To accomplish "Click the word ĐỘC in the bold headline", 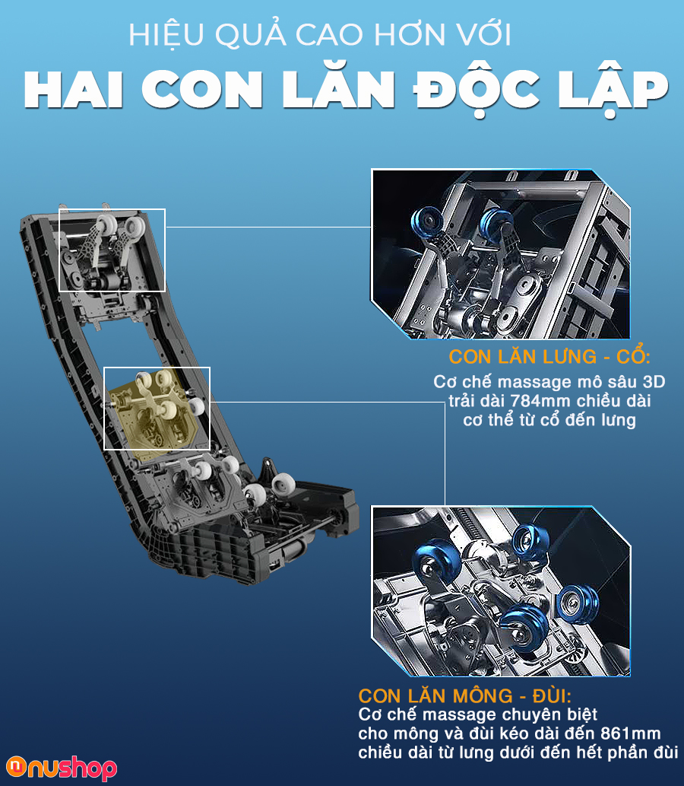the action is coord(477,89).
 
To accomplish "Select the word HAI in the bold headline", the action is coord(73,89).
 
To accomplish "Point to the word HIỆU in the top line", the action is coord(166,36).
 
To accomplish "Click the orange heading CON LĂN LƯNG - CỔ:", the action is coord(549,356).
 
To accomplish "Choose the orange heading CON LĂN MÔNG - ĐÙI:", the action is coord(464,695).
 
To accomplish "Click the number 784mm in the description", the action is coord(541,401).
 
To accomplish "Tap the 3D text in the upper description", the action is coord(654,382).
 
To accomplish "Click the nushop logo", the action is coord(62,768).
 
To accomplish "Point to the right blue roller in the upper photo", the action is coord(495,224).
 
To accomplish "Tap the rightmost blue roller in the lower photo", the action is coord(579,603).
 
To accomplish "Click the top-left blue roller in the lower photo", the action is coord(435,559).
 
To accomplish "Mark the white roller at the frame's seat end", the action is coord(283,485).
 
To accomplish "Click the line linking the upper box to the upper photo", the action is coord(268,227).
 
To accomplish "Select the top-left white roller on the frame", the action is coord(106,225).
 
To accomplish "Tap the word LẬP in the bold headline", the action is coord(613,89).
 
